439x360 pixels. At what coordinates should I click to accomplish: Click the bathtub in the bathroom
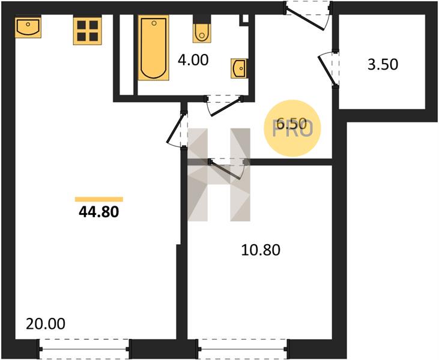point(153,48)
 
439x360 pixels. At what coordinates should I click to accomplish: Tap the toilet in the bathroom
point(202,31)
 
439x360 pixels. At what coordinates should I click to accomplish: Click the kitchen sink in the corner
point(28,28)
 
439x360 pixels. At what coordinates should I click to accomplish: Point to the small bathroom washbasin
point(239,68)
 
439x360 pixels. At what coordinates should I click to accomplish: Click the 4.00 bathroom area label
point(193,60)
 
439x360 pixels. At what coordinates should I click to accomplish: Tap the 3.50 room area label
point(383,64)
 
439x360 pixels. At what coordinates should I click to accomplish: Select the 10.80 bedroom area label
point(261,250)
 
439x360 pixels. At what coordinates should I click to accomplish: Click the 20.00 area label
point(46,323)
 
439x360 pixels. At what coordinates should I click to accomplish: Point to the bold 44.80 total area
point(99,212)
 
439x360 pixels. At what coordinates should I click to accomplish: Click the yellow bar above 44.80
point(99,199)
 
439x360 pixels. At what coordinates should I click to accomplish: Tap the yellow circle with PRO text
point(292,128)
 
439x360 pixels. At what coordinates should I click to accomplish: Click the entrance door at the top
point(308,16)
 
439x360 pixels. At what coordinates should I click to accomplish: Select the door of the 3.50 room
point(328,68)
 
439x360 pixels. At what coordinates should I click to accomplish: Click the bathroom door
point(224,105)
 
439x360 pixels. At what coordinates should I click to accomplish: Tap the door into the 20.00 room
point(177,128)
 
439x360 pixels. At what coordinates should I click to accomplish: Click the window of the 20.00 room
point(84,349)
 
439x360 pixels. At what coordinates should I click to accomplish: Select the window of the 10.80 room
point(243,349)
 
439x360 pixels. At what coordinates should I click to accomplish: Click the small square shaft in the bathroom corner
point(245,19)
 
